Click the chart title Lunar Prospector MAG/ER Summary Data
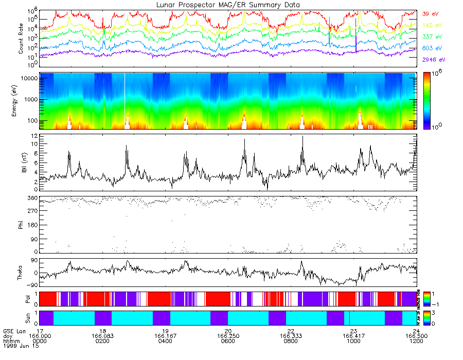228,5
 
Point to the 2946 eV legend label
432,60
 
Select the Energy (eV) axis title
21,101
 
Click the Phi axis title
21,225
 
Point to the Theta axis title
21,273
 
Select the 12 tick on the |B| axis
33,135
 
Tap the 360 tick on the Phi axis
31,198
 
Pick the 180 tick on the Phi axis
31,225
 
